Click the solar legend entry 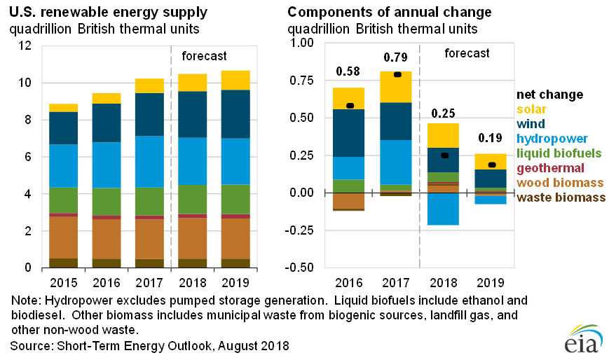click(x=531, y=109)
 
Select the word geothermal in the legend click(x=550, y=168)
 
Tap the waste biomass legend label click(x=561, y=198)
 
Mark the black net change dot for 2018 click(x=443, y=155)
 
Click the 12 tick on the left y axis click(x=26, y=46)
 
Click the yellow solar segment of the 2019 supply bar click(x=234, y=81)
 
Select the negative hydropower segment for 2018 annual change click(x=443, y=209)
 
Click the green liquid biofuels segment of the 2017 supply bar click(x=149, y=201)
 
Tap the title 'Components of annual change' click(x=390, y=13)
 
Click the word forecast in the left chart click(x=204, y=56)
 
